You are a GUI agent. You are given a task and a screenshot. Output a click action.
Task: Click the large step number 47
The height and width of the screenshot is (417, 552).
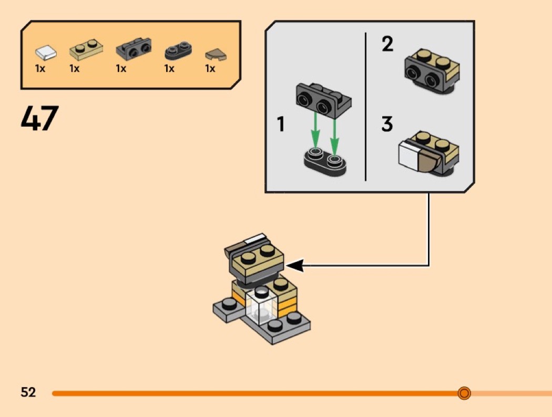pyautogui.click(x=39, y=118)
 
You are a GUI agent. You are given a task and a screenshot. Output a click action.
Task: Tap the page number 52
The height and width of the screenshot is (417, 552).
pyautogui.click(x=28, y=392)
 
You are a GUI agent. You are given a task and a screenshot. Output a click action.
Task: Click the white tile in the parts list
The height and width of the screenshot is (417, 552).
pyautogui.click(x=46, y=52)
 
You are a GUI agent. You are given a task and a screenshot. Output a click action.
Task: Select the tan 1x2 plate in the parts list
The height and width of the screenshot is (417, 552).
pyautogui.click(x=85, y=50)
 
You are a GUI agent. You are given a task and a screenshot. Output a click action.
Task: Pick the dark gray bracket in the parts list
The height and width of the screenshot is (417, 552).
pyautogui.click(x=133, y=49)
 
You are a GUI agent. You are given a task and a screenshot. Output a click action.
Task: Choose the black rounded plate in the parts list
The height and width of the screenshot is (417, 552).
pyautogui.click(x=178, y=50)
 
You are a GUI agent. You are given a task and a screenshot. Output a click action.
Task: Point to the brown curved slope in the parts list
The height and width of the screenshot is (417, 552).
pyautogui.click(x=213, y=53)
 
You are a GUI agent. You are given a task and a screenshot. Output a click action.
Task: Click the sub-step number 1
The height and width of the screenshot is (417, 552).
pyautogui.click(x=281, y=125)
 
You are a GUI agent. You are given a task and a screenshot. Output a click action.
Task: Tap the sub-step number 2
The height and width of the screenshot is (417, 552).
pyautogui.click(x=387, y=44)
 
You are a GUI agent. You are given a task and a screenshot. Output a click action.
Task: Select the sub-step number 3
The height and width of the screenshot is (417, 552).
pyautogui.click(x=387, y=125)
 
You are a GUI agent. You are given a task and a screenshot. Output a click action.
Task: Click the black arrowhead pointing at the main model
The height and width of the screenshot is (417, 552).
pyautogui.click(x=295, y=266)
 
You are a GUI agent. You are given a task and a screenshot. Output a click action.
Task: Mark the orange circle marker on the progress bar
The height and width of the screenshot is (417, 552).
pyautogui.click(x=464, y=393)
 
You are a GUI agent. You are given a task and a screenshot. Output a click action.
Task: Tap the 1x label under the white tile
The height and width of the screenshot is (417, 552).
pyautogui.click(x=40, y=69)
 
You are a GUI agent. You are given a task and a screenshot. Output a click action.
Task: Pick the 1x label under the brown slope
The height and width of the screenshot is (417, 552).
pyautogui.click(x=210, y=69)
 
